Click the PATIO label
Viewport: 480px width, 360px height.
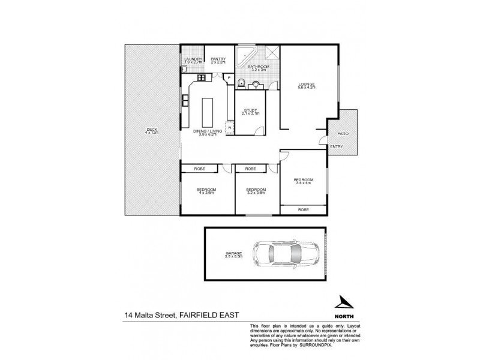(343, 133)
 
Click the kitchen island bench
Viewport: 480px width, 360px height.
(208, 110)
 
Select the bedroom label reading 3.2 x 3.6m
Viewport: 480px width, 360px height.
(256, 191)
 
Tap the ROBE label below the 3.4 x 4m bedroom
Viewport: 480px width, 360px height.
(304, 210)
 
